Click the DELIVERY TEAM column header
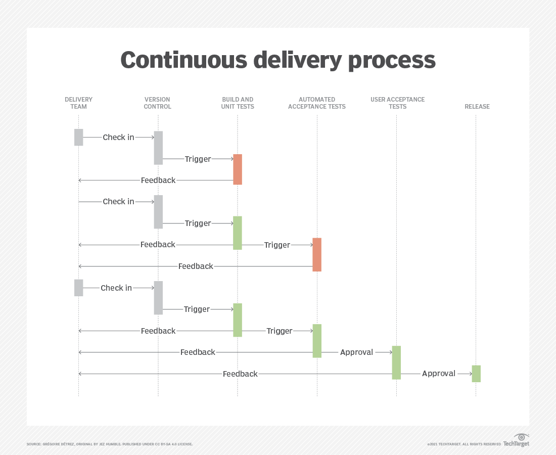pos(78,103)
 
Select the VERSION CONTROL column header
pos(157,103)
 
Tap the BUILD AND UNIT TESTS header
pos(238,103)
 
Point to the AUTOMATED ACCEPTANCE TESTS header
pos(316,103)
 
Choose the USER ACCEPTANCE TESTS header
pos(397,103)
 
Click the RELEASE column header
pos(477,106)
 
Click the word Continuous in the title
pos(183,60)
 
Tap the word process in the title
pos(392,61)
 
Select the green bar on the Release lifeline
pos(476,374)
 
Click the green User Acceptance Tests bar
pos(396,362)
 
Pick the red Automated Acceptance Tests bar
pos(317,255)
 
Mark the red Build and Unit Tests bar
pos(238,169)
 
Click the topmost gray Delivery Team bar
pos(79,137)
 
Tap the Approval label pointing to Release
pos(439,374)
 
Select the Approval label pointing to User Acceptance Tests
pos(356,352)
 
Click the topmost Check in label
pos(118,137)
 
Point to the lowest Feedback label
pos(240,374)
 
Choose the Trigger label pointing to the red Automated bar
pos(277,245)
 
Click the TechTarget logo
pos(516,440)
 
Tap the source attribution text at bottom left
pos(110,444)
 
